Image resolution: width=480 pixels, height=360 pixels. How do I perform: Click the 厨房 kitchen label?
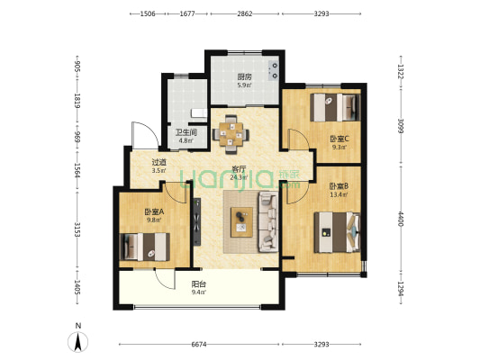point(245,76)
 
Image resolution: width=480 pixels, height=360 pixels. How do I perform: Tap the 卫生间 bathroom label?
point(186,132)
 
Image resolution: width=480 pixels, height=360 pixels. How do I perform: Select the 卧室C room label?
point(340,139)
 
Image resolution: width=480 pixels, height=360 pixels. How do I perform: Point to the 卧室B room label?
point(339,185)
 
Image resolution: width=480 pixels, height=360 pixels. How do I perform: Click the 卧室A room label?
point(154,211)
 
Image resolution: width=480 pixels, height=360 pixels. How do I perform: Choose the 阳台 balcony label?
point(199,284)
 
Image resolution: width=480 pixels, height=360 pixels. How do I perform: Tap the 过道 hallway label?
point(158,162)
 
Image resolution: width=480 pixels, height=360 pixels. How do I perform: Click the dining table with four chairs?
point(231,134)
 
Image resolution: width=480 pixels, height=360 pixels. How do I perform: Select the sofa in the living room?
point(268,221)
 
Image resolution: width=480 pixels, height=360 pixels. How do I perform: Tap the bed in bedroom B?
point(337,232)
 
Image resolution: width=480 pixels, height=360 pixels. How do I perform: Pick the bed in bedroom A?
point(144,247)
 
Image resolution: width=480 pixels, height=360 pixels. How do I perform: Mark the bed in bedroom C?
point(335,107)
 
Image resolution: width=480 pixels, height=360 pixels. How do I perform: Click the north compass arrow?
point(78,341)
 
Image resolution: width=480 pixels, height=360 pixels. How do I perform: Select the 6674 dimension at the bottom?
point(199,345)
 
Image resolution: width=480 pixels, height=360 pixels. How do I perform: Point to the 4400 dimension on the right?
point(401,219)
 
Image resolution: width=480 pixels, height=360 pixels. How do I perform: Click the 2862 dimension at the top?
point(245,13)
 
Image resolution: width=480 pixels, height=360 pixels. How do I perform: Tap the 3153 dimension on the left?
point(77,230)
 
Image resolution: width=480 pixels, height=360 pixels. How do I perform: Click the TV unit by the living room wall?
point(197,221)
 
